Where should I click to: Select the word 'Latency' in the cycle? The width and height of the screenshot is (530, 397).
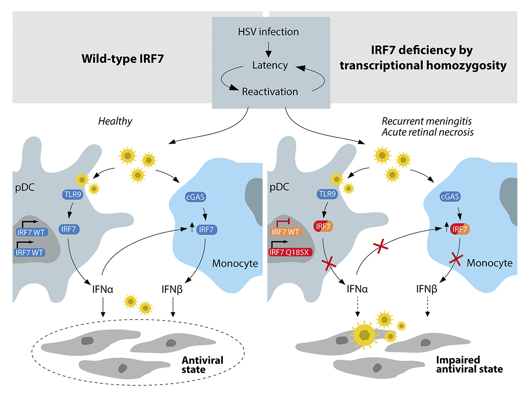[x=270, y=65]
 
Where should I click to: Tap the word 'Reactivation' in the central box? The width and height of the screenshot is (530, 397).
[x=270, y=92]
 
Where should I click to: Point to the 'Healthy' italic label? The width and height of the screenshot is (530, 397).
[x=115, y=121]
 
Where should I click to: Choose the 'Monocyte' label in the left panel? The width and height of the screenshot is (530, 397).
[x=235, y=263]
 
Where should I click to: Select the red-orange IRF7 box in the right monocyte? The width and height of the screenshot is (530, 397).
[x=460, y=229]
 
